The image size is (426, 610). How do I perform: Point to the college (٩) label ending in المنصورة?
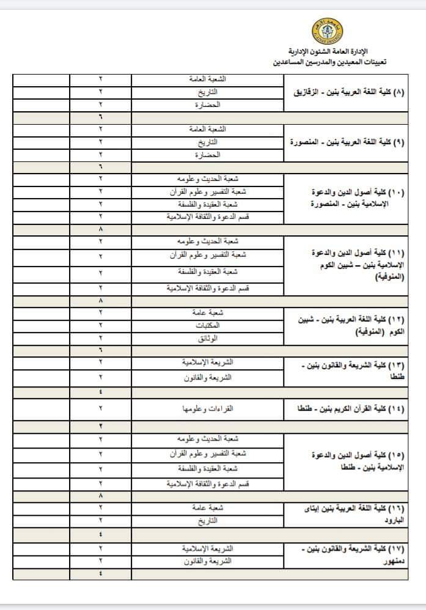[347, 142]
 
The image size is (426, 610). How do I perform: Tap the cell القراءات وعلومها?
[208, 408]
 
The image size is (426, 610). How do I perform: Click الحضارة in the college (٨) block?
[208, 105]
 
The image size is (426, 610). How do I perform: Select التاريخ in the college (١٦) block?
[208, 521]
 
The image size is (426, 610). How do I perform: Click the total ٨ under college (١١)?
[100, 301]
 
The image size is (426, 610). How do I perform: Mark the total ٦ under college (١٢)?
[100, 350]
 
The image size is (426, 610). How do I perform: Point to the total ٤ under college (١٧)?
[100, 573]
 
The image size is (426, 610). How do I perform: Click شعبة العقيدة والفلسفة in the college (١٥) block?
[208, 468]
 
